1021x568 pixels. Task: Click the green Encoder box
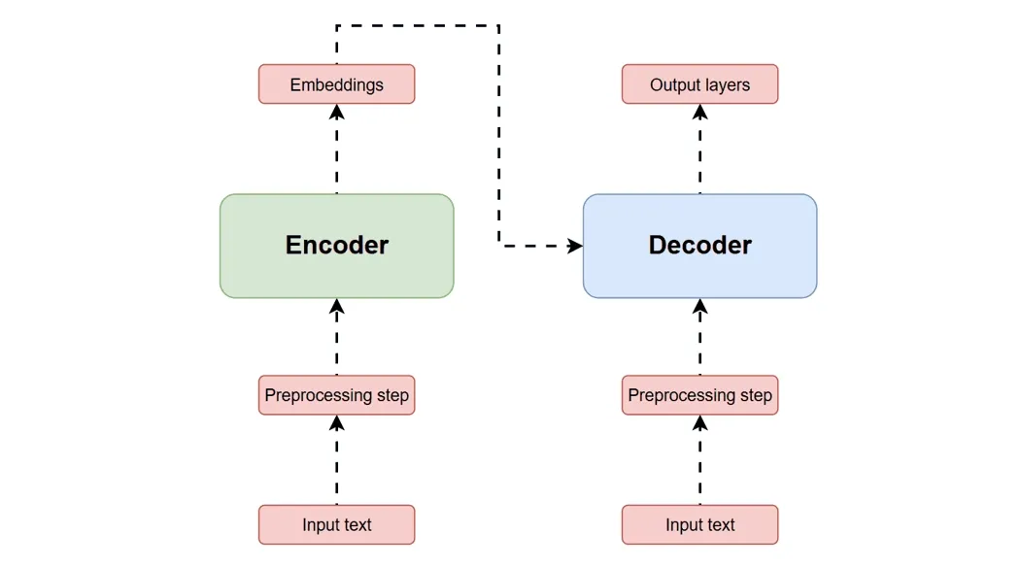pyautogui.click(x=336, y=246)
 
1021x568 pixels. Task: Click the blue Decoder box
pyautogui.click(x=699, y=246)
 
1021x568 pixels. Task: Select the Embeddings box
pyautogui.click(x=336, y=84)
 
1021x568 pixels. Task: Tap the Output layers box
pyautogui.click(x=699, y=84)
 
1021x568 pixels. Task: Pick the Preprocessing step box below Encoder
pyautogui.click(x=336, y=395)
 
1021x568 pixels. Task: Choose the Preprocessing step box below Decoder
pyautogui.click(x=699, y=395)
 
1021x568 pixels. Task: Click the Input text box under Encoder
pyautogui.click(x=336, y=524)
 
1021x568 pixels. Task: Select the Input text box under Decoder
pyautogui.click(x=699, y=524)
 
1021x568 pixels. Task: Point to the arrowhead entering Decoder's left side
pyautogui.click(x=575, y=246)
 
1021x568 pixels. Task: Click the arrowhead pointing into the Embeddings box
pyautogui.click(x=336, y=111)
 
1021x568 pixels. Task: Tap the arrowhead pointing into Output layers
pyautogui.click(x=699, y=111)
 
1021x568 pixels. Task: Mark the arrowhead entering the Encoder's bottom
pyautogui.click(x=336, y=306)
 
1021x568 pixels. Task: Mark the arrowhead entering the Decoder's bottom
pyautogui.click(x=699, y=306)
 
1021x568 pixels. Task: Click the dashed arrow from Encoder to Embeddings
pyautogui.click(x=336, y=155)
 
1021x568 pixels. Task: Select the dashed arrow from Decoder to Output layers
pyautogui.click(x=699, y=155)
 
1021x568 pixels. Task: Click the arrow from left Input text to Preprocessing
pyautogui.click(x=336, y=466)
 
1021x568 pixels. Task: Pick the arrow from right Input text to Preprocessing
pyautogui.click(x=699, y=466)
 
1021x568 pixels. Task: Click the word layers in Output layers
pyautogui.click(x=727, y=84)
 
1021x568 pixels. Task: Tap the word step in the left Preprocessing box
pyautogui.click(x=392, y=395)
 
